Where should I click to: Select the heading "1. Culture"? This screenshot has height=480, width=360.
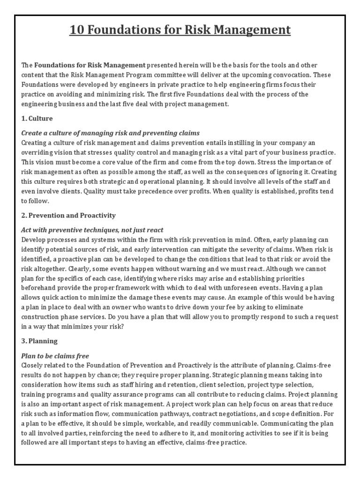(x=37, y=118)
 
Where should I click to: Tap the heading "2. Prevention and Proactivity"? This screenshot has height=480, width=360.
(x=68, y=215)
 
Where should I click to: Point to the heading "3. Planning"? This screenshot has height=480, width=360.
(x=39, y=342)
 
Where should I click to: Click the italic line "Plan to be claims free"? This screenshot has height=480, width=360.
(x=55, y=356)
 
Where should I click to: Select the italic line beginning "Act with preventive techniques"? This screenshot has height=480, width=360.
(x=92, y=230)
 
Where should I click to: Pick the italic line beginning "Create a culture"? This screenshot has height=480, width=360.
(x=111, y=133)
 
